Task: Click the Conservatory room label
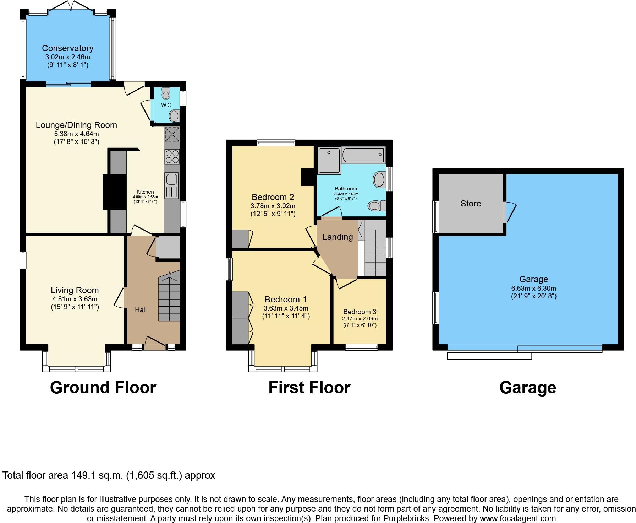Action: coord(67,48)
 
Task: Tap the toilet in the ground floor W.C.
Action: coord(166,93)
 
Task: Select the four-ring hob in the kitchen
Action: coord(172,156)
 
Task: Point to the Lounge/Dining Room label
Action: coord(76,125)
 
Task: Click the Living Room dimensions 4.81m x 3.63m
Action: coord(74,299)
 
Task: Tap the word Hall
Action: coord(141,310)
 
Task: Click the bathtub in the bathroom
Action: coord(363,155)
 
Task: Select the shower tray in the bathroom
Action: coord(329,160)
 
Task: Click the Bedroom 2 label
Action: coord(273,197)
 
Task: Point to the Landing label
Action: coord(338,237)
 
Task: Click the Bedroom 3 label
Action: coord(360,312)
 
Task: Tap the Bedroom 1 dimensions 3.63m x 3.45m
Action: coord(286,308)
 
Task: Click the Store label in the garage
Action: coord(471,204)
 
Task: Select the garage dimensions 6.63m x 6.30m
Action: coord(533,288)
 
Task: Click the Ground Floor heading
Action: coord(103,388)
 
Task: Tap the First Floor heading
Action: coord(309,388)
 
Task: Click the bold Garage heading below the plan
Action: coord(528,388)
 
